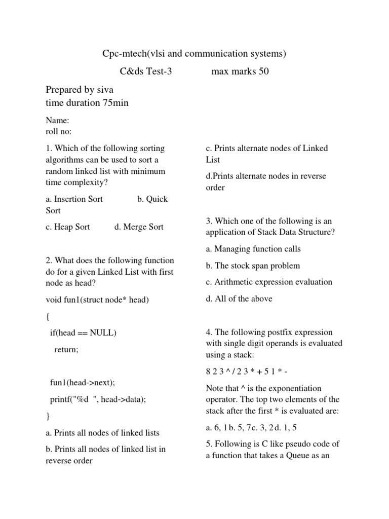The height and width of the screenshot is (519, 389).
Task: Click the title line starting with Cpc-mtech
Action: pyautogui.click(x=195, y=53)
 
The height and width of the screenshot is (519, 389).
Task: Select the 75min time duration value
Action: pyautogui.click(x=116, y=103)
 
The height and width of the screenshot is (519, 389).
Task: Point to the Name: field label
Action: pyautogui.click(x=57, y=121)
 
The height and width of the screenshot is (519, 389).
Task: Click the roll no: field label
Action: pyautogui.click(x=59, y=132)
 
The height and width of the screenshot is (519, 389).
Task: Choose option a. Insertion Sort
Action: pyautogui.click(x=74, y=199)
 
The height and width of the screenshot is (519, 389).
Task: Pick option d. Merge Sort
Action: pyautogui.click(x=139, y=227)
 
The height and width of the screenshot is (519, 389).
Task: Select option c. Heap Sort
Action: pyautogui.click(x=68, y=227)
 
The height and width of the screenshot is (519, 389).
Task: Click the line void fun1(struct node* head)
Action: pyautogui.click(x=97, y=300)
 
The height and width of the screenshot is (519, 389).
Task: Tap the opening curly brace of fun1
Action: pyautogui.click(x=48, y=317)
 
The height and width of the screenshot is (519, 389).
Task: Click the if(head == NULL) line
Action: pyautogui.click(x=83, y=333)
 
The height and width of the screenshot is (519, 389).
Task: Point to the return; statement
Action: pyautogui.click(x=66, y=350)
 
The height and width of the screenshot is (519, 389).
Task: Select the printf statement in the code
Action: pyautogui.click(x=98, y=399)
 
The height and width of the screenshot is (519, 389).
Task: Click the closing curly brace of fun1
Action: pyautogui.click(x=48, y=416)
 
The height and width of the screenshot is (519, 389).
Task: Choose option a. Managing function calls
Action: pyautogui.click(x=253, y=249)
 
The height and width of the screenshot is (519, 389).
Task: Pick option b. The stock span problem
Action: pyautogui.click(x=253, y=266)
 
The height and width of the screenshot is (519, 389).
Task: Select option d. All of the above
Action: pyautogui.click(x=239, y=299)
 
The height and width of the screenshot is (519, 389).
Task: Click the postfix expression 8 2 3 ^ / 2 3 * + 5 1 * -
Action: pyautogui.click(x=247, y=372)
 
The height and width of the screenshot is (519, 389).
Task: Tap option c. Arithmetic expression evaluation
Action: pyautogui.click(x=269, y=282)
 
